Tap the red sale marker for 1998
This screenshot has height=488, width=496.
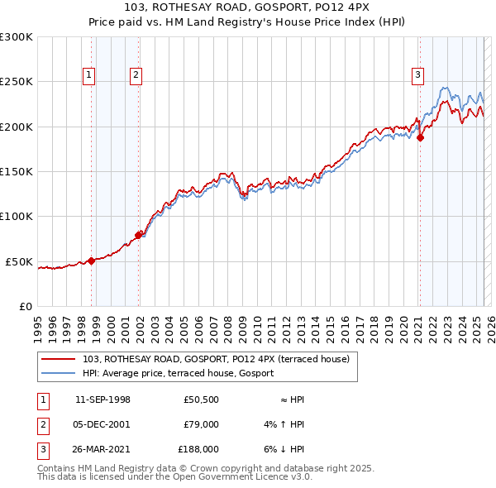click(91, 261)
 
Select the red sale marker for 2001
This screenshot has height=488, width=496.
click(138, 235)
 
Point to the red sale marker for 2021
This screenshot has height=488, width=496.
click(420, 138)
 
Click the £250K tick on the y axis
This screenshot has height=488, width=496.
click(17, 82)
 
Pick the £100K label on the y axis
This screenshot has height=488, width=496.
click(17, 216)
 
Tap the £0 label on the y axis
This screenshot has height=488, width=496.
click(25, 306)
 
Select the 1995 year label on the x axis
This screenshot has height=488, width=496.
click(38, 323)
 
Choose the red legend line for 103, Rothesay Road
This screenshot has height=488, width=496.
click(59, 359)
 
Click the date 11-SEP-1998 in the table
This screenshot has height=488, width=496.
click(103, 399)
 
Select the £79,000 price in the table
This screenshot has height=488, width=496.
click(200, 424)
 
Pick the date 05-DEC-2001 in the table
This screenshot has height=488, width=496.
click(103, 424)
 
